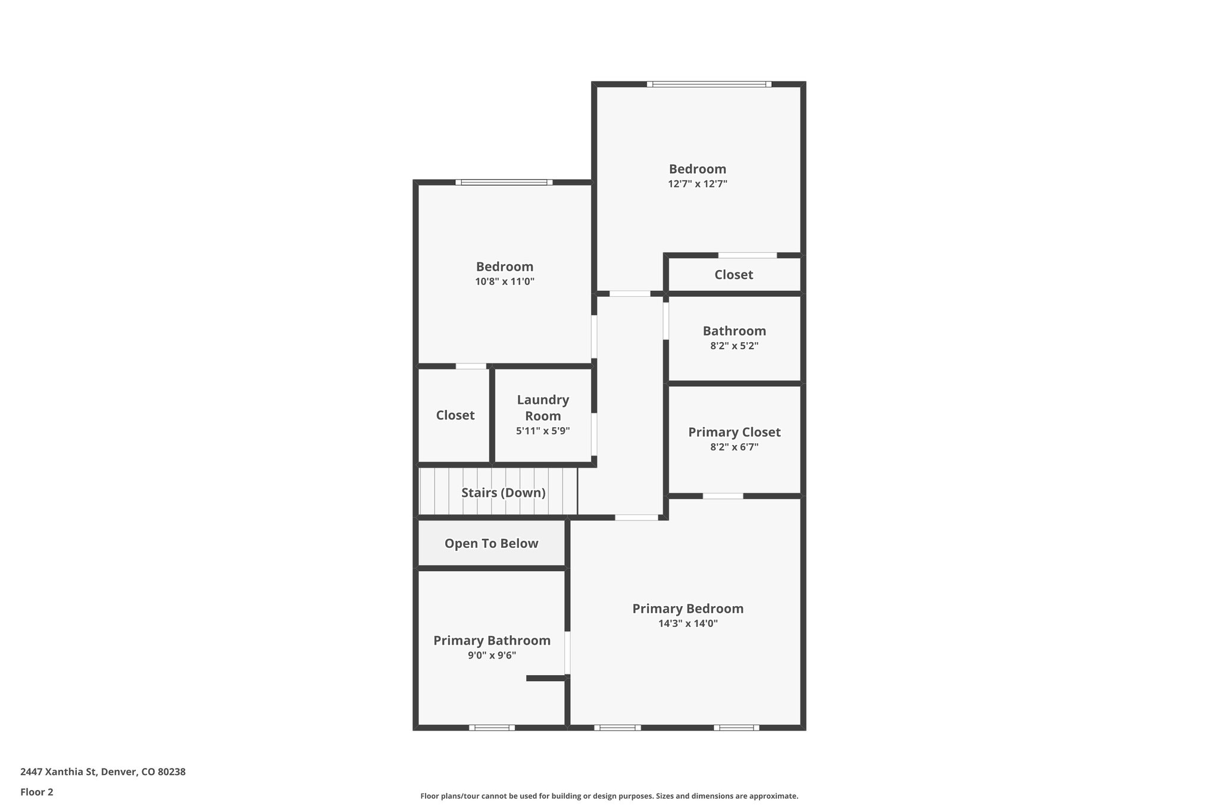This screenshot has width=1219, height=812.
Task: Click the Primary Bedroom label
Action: coord(687,609)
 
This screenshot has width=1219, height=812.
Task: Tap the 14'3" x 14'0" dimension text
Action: coord(687,624)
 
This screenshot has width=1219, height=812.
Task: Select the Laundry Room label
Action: coord(542,407)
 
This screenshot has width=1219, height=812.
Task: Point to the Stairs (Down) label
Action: coord(503,493)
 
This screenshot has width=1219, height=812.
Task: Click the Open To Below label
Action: coord(491,543)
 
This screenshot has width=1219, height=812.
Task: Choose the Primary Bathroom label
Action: coord(492,641)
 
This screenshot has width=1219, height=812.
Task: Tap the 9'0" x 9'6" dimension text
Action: coord(492,656)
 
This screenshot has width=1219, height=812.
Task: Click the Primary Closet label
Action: coord(734,432)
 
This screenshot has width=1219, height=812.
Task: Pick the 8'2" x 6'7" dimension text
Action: coord(734,447)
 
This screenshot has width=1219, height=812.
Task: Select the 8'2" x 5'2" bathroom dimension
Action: coord(734,346)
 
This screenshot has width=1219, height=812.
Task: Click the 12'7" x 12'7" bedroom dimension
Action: coord(698,184)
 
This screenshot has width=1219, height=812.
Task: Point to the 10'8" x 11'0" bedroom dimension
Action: coord(504,281)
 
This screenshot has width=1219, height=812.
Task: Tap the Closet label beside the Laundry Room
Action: coord(455,415)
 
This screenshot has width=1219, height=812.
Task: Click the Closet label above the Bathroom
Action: coord(733,275)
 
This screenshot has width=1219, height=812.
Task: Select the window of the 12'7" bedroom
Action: coord(709,84)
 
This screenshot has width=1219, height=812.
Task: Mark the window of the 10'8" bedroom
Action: coord(504,182)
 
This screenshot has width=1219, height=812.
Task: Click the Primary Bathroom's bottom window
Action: coord(492,727)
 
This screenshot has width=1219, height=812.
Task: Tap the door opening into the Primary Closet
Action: coord(723,496)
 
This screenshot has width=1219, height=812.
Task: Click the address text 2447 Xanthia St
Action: coord(103,772)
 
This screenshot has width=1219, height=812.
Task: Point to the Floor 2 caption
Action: coord(37,792)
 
